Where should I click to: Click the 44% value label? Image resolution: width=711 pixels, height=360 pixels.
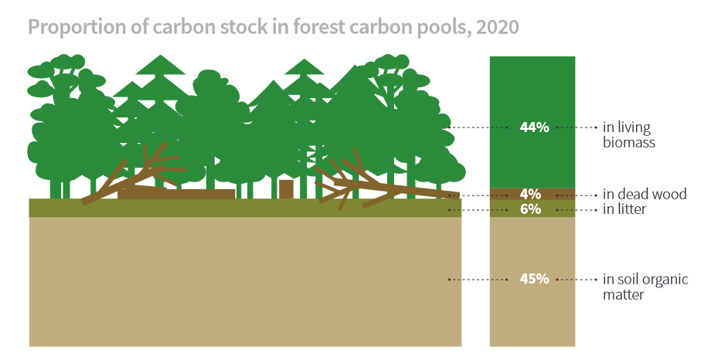534,127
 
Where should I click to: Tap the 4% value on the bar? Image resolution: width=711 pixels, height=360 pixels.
530,194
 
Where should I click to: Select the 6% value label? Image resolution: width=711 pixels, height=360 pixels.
530,209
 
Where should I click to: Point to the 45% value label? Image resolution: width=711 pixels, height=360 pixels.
534,279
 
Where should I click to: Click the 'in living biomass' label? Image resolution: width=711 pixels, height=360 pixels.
629,134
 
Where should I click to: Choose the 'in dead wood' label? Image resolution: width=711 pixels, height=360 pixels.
645,194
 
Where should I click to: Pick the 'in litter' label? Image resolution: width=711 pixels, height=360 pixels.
624,209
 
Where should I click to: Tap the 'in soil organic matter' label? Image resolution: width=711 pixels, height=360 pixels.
645,287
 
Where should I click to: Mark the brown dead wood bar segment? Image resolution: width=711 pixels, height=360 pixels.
532,194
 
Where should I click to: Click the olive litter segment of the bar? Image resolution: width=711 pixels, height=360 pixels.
532,209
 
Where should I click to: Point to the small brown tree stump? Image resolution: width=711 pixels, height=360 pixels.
286,189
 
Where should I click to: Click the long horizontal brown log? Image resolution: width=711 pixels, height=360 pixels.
176,194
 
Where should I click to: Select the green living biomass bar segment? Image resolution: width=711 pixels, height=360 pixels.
532,122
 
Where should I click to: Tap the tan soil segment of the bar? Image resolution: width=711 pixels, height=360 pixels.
532,281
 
